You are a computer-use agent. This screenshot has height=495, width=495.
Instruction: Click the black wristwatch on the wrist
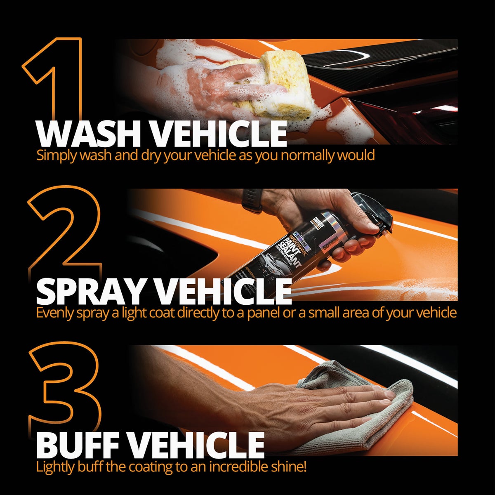[252, 200]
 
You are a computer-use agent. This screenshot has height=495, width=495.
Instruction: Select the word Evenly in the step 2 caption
[55, 313]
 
